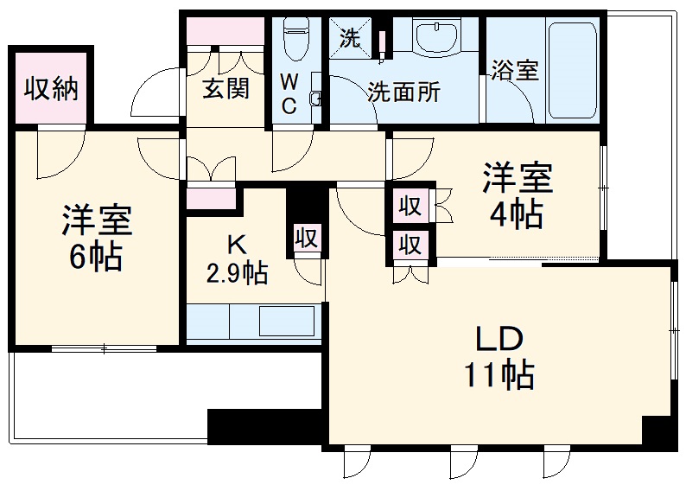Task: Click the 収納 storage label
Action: pos(51,89)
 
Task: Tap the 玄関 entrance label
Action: pos(226,89)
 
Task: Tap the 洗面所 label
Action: pos(403,92)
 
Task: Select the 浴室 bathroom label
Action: pos(515,71)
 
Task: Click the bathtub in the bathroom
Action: pos(573,69)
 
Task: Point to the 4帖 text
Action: pos(517,214)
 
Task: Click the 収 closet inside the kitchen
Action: pos(307,239)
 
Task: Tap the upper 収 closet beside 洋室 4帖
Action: pos(410,207)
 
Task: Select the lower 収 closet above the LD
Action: pos(410,245)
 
